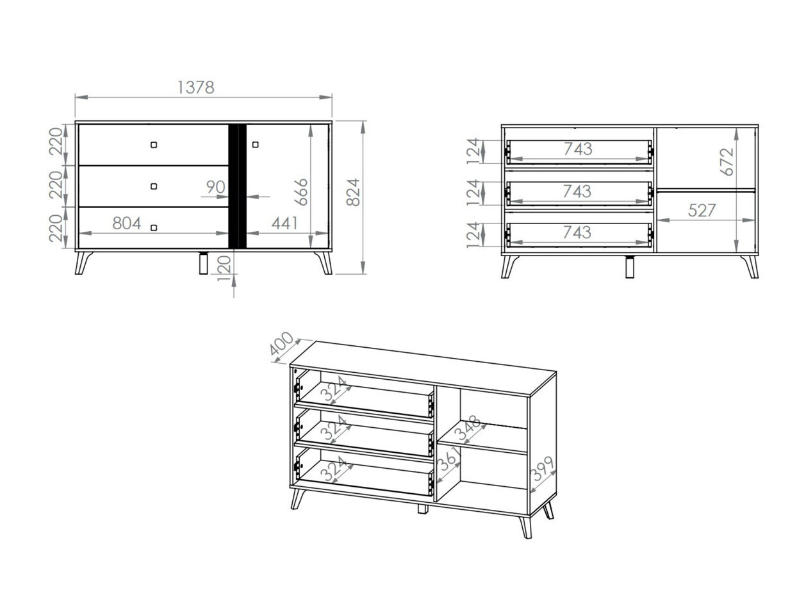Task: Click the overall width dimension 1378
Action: (x=195, y=88)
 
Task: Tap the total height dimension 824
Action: (x=353, y=192)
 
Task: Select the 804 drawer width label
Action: (x=127, y=223)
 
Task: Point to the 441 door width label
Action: (x=285, y=223)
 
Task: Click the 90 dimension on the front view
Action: (x=215, y=187)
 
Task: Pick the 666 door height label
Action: (x=301, y=192)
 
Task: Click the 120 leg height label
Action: (x=224, y=268)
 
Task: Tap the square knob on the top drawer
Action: (x=154, y=145)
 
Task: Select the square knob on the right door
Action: (x=256, y=145)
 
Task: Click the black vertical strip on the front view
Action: (x=237, y=186)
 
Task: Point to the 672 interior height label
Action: (x=727, y=162)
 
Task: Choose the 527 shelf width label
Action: (x=702, y=211)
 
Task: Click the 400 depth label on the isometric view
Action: (x=282, y=343)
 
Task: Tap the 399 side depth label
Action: (x=542, y=469)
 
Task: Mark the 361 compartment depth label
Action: (x=448, y=459)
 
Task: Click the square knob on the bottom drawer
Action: (x=154, y=227)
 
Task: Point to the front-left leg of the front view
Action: (x=83, y=263)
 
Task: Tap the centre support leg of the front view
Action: (x=203, y=263)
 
